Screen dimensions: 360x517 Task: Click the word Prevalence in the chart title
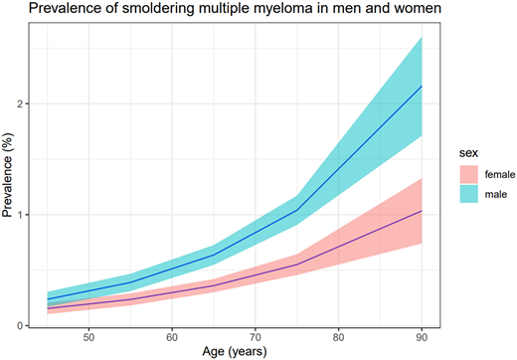tap(41, 11)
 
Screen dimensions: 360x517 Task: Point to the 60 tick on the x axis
tap(172, 335)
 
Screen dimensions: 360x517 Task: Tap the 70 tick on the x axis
tap(256, 335)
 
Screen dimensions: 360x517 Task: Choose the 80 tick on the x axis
tap(339, 335)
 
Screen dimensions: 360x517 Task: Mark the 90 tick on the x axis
tap(423, 335)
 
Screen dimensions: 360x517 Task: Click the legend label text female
tap(491, 175)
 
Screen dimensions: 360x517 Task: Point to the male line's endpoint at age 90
tap(423, 86)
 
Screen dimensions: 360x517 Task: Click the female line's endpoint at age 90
tap(423, 211)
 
